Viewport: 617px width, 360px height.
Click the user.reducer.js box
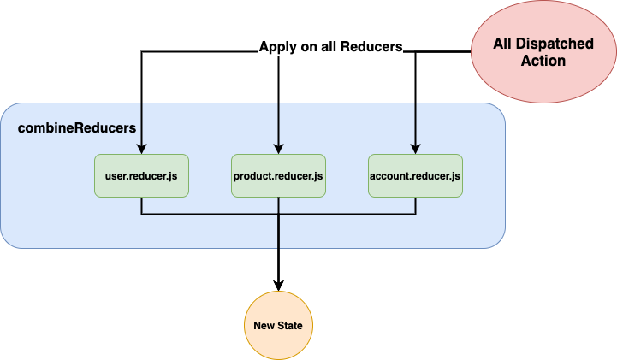pyautogui.click(x=141, y=176)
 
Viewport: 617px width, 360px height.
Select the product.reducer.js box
pyautogui.click(x=278, y=176)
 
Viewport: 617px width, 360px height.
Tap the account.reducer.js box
pyautogui.click(x=415, y=176)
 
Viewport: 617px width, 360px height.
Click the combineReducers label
pyautogui.click(x=77, y=127)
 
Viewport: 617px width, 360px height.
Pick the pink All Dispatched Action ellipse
pyautogui.click(x=530, y=52)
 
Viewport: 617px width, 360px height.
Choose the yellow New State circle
pyautogui.click(x=278, y=326)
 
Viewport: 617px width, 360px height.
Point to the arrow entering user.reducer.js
pyautogui.click(x=141, y=128)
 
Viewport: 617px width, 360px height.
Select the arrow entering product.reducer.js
pyautogui.click(x=278, y=128)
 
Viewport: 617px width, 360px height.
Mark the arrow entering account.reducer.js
pyautogui.click(x=415, y=128)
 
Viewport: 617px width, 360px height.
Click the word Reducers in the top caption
pyautogui.click(x=370, y=47)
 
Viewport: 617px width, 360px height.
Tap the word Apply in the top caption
pyautogui.click(x=277, y=47)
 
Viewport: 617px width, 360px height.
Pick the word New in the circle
pyautogui.click(x=264, y=327)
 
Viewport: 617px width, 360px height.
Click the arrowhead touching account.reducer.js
pyautogui.click(x=415, y=150)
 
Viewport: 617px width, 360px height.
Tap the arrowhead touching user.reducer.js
pyautogui.click(x=141, y=150)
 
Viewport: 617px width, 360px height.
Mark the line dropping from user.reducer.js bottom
pyautogui.click(x=141, y=206)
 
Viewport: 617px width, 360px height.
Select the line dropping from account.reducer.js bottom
pyautogui.click(x=415, y=206)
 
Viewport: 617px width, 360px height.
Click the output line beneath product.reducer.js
pyautogui.click(x=278, y=231)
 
